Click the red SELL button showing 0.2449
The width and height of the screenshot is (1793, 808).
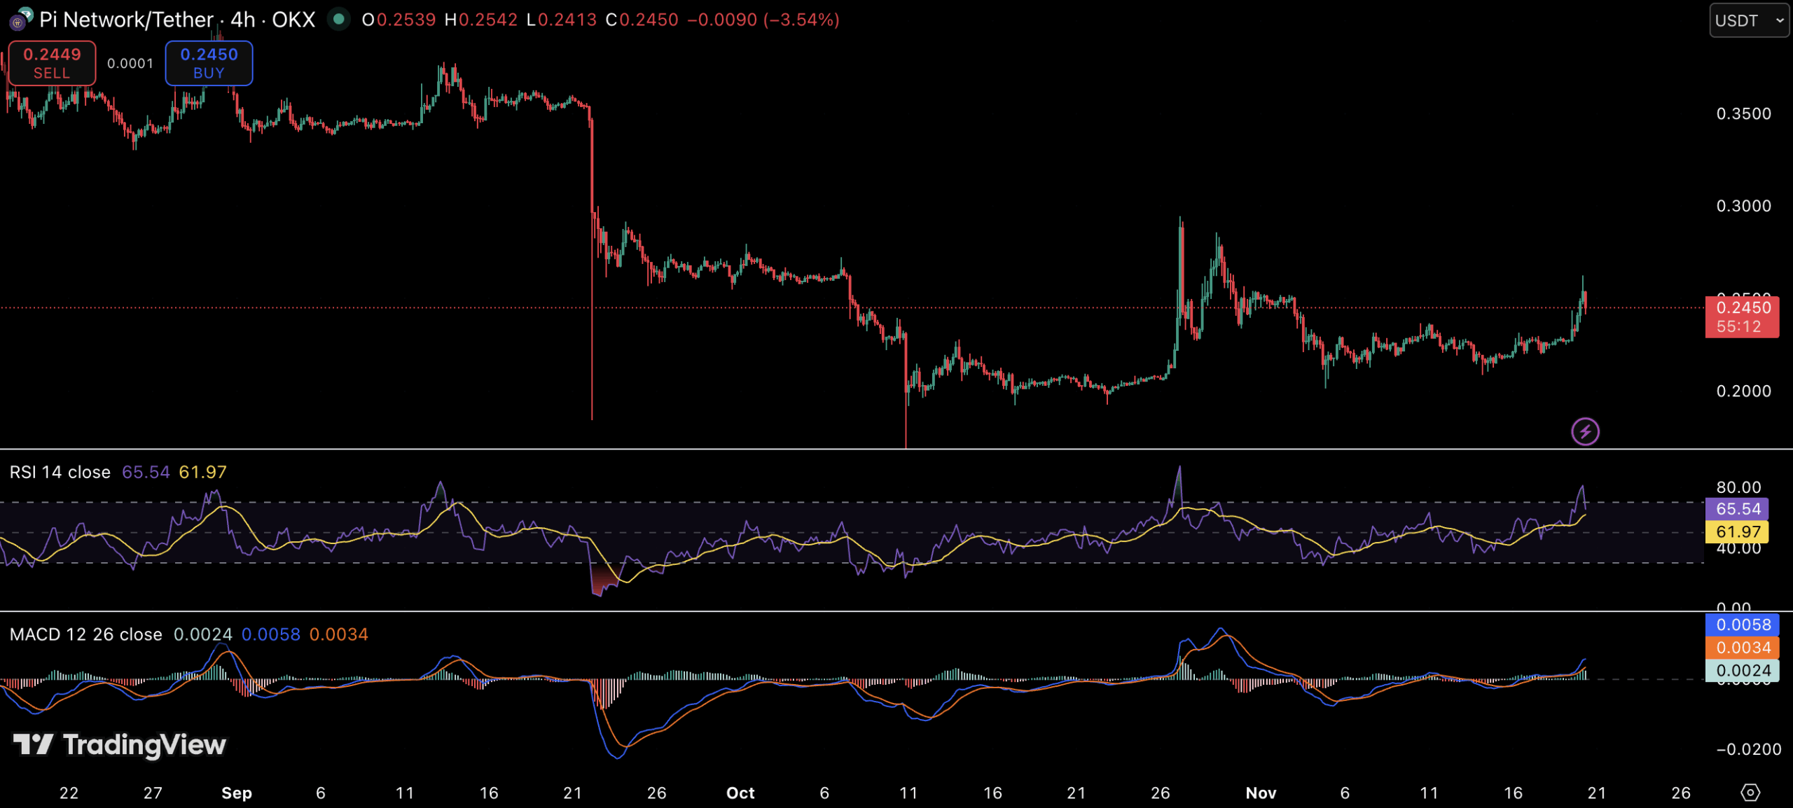pyautogui.click(x=52, y=63)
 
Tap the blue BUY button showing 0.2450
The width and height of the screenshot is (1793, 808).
pyautogui.click(x=209, y=63)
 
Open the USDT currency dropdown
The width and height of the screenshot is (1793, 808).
pyautogui.click(x=1748, y=20)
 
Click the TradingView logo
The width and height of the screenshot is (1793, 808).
pyautogui.click(x=120, y=745)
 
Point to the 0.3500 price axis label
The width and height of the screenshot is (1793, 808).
pyautogui.click(x=1743, y=113)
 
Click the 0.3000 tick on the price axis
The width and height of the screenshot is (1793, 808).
pyautogui.click(x=1743, y=206)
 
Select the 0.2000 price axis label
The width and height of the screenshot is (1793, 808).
pyautogui.click(x=1743, y=391)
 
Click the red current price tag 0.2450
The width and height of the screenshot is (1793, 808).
pyautogui.click(x=1742, y=316)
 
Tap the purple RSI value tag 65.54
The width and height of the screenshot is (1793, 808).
pyautogui.click(x=1738, y=509)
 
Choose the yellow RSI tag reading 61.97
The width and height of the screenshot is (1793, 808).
pyautogui.click(x=1738, y=531)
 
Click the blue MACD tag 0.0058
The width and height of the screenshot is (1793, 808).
pyautogui.click(x=1743, y=625)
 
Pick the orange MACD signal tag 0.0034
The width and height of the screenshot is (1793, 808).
pyautogui.click(x=1743, y=648)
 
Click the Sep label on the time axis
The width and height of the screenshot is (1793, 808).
pyautogui.click(x=237, y=793)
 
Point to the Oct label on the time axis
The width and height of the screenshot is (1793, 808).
pyautogui.click(x=740, y=793)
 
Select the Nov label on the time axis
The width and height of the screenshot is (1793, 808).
pyautogui.click(x=1261, y=793)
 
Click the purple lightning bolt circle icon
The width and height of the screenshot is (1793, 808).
pyautogui.click(x=1585, y=431)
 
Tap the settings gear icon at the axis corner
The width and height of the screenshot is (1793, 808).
pyautogui.click(x=1750, y=793)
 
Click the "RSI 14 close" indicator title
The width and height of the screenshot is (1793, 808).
pyautogui.click(x=60, y=473)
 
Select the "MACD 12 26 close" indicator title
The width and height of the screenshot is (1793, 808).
pyautogui.click(x=85, y=634)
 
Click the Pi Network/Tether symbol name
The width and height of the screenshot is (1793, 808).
pyautogui.click(x=126, y=20)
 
